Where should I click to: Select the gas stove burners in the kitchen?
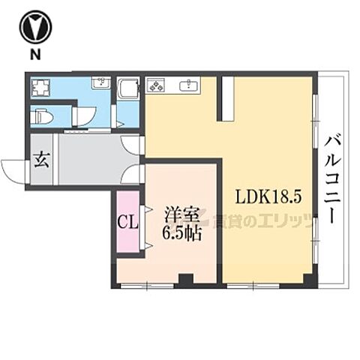click(x=157, y=85)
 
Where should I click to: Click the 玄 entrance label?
click(x=41, y=159)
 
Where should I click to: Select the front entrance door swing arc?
click(x=13, y=169)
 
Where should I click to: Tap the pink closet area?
click(x=127, y=223)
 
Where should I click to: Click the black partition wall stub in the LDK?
click(x=224, y=97)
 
